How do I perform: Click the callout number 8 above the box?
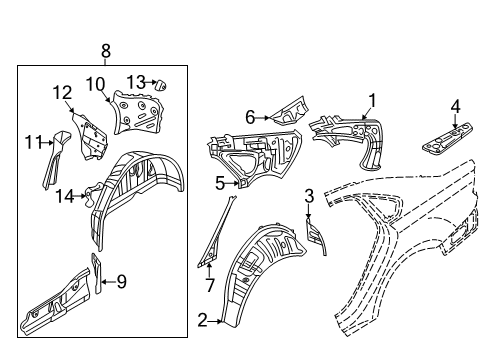105,52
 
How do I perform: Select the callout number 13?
136,82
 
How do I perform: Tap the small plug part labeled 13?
161,85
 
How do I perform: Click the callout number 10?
96,84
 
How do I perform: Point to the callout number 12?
63,93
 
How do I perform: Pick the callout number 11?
34,143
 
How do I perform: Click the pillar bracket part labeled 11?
55,159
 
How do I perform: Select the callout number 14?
65,196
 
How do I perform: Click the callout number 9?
122,282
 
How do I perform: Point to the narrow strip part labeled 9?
96,273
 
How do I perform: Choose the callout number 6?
250,117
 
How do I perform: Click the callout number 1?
372,101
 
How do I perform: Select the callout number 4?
456,107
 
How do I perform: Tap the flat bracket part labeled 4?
448,138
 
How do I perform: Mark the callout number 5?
220,183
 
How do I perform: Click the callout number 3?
309,196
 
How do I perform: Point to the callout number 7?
210,285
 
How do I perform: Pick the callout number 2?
202,321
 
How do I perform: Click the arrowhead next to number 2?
219,321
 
